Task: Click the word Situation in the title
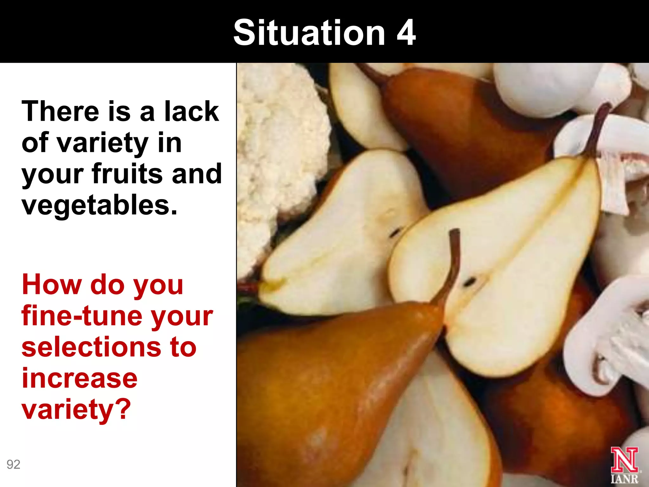(x=309, y=32)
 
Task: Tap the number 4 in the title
(x=406, y=32)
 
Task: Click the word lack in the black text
(x=191, y=111)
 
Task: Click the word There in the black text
(x=61, y=111)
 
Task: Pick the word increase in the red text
(x=80, y=378)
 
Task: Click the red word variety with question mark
(x=76, y=409)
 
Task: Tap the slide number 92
(x=13, y=464)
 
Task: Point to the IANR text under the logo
(x=624, y=479)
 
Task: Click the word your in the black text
(x=53, y=174)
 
